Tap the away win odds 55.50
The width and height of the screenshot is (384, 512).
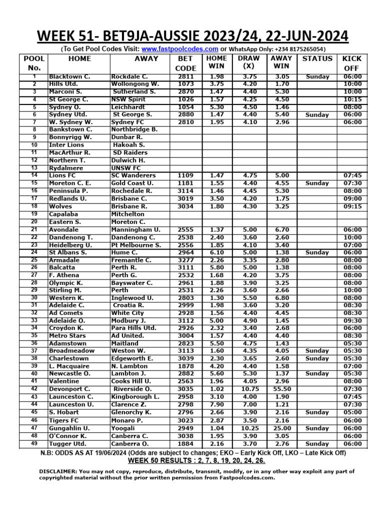point(282,389)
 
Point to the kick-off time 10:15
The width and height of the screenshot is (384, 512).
point(352,99)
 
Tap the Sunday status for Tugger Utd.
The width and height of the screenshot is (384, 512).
point(317,443)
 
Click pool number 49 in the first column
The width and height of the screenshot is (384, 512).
point(34,443)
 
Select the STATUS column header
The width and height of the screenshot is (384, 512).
point(317,58)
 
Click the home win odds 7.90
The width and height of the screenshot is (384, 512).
point(216,404)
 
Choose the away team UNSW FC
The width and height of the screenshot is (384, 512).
point(126,168)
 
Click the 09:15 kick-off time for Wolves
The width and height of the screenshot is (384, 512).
point(352,206)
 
